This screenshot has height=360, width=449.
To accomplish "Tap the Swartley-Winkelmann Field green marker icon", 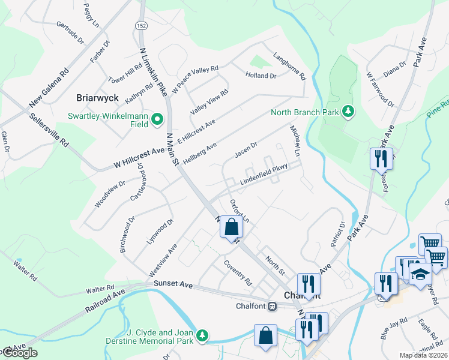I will tap(157, 119).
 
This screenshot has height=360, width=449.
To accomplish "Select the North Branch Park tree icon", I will tap(348, 112).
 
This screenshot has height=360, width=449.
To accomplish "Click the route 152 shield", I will tap(141, 26).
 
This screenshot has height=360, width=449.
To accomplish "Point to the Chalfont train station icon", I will tap(272, 306).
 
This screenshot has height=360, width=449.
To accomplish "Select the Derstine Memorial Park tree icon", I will tap(203, 335).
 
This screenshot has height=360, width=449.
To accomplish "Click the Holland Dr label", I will tap(261, 76).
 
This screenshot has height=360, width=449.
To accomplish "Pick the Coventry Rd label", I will tap(238, 272).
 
